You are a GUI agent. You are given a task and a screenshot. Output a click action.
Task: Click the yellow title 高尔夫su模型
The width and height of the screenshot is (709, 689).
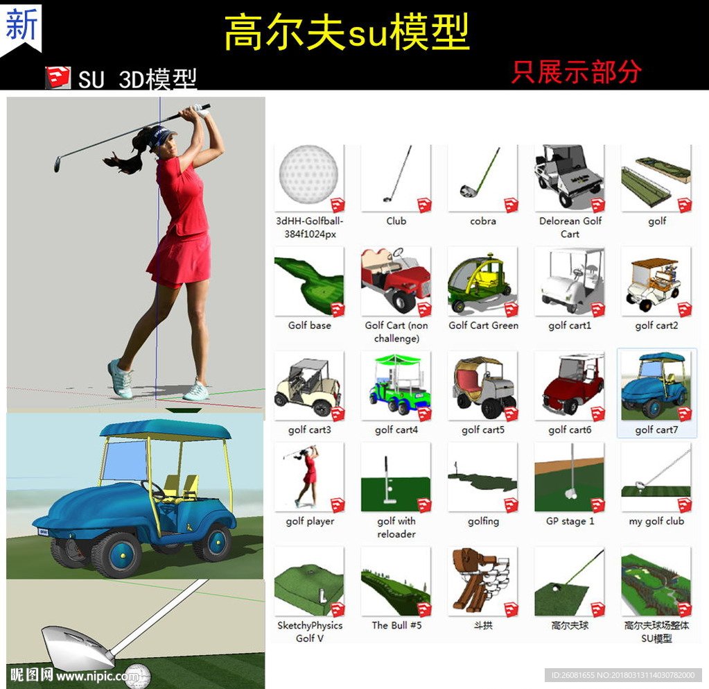[x=347, y=32]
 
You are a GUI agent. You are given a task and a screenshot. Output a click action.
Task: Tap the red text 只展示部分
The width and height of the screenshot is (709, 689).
[x=577, y=72]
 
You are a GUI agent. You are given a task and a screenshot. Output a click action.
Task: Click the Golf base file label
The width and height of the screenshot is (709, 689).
[x=310, y=325]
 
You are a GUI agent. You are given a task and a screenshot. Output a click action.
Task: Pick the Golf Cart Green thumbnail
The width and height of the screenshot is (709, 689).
[x=482, y=282]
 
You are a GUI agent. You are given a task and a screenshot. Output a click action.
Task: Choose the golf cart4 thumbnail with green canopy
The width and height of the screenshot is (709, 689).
[x=396, y=386]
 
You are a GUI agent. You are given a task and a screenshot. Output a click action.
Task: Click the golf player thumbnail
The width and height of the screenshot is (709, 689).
[x=309, y=477]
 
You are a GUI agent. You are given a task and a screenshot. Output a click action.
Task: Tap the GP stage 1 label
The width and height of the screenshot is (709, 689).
[x=570, y=521]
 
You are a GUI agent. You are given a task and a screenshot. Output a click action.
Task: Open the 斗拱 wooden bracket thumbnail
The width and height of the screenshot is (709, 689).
[x=482, y=581]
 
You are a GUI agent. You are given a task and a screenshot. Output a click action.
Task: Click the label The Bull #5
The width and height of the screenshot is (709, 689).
[x=396, y=625]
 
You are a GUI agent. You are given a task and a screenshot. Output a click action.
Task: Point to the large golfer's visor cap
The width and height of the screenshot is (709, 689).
[x=160, y=135]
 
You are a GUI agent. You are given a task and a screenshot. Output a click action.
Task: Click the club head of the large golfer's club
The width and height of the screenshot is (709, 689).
[x=58, y=163]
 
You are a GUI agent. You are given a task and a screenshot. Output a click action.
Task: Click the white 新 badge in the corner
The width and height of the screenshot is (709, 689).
[x=21, y=27]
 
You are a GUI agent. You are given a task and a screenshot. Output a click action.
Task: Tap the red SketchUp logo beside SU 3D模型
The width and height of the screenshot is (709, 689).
[x=58, y=77]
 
